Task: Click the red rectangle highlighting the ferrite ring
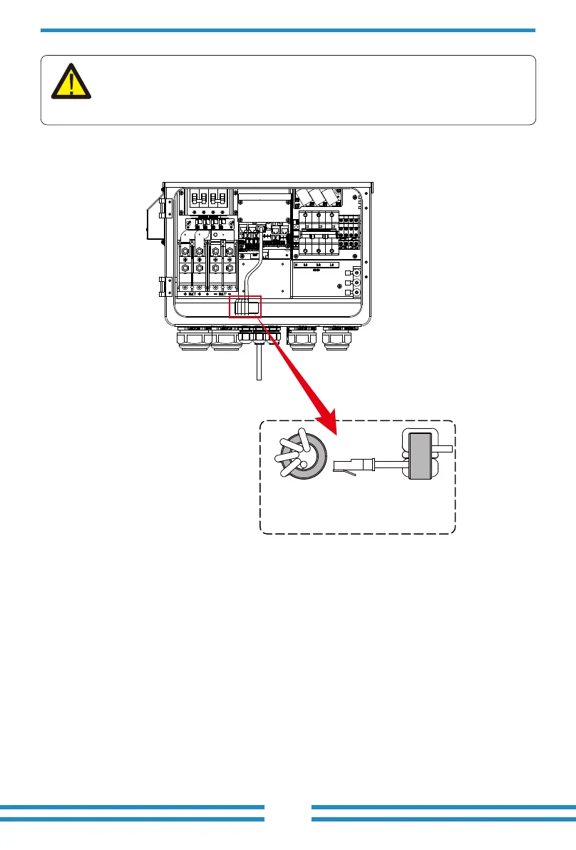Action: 246,308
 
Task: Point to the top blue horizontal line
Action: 287,31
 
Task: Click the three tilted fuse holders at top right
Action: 319,198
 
